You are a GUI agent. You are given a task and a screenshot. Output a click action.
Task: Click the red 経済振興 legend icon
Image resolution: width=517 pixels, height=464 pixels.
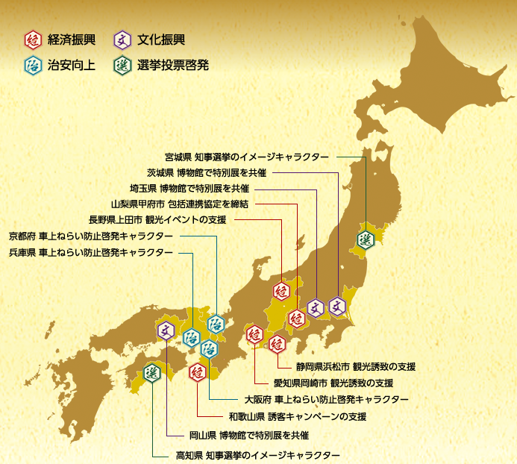coord(33,40)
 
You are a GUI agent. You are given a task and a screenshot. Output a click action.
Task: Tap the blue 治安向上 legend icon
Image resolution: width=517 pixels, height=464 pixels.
coord(33,65)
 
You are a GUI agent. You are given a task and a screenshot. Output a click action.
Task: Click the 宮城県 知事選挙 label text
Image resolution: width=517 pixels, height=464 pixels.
coord(246,157)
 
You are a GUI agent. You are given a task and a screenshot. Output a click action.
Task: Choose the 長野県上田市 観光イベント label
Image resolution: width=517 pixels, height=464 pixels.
coord(157,219)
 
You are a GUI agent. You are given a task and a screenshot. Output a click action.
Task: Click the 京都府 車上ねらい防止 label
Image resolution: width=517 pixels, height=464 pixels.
coord(91,236)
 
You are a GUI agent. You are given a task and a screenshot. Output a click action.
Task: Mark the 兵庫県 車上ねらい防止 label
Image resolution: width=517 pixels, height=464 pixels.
coord(91,253)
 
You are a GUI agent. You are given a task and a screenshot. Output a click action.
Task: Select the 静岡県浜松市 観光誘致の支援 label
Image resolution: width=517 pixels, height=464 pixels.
coord(355,367)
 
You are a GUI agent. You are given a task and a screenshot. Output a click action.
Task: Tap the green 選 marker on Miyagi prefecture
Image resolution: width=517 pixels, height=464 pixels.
coord(366,239)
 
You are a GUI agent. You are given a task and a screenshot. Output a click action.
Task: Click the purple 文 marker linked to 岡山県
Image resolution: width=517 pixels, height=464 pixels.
coord(166,328)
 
